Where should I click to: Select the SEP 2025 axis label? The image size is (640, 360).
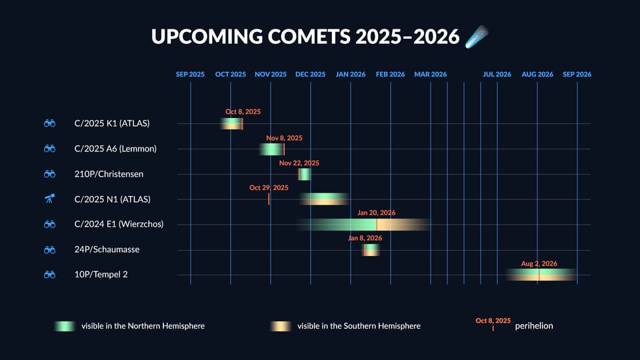coord(190,75)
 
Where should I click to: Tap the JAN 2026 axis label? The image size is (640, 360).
coord(350,75)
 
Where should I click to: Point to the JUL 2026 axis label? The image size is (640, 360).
coord(497,75)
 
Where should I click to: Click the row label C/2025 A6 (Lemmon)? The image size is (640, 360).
coord(115,149)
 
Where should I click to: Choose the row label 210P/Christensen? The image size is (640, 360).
coord(109,174)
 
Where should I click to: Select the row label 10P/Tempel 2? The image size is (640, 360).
coord(101,274)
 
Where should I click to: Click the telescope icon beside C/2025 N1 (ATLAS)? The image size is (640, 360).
coord(49,199)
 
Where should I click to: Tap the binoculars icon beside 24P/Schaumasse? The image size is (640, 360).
coord(49,249)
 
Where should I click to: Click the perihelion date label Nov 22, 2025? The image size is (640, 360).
coord(299,163)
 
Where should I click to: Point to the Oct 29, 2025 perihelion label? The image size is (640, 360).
coord(269,188)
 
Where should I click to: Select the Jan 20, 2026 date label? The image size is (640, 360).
coord(376,213)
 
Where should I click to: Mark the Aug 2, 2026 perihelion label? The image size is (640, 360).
coord(539,264)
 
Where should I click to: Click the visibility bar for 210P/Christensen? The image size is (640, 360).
coord(304,174)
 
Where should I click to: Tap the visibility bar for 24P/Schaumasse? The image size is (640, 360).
coord(371,249)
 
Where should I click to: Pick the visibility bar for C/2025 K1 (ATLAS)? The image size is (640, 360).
coord(231,123)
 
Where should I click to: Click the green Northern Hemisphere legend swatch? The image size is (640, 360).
coord(65,326)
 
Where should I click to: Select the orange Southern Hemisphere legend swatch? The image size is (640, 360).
coord(281,326)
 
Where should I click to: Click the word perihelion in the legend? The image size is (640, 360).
coord(534,326)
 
